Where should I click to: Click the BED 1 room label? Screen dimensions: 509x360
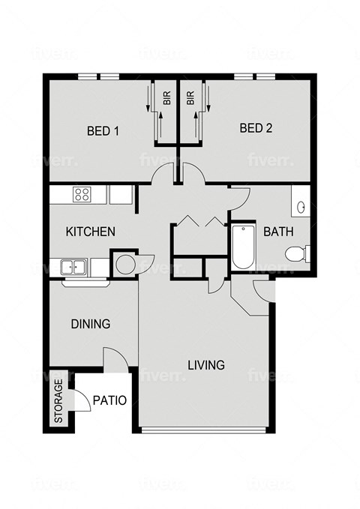pos(103,130)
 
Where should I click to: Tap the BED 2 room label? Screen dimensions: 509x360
pos(256,128)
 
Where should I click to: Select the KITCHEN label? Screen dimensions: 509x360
pos(91,232)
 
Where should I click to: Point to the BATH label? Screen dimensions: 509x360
pos(277,232)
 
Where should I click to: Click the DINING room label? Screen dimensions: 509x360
pos(91,324)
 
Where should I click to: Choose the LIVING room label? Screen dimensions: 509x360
pos(206,366)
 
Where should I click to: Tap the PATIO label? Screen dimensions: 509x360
pos(109,400)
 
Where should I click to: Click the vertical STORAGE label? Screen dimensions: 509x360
pos(58,401)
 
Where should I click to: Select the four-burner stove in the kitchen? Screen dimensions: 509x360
pos(82,195)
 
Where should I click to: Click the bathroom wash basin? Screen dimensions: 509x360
pos(298,206)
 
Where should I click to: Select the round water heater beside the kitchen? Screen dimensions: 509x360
pos(124,265)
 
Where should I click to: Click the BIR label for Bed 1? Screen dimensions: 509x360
pos(166,97)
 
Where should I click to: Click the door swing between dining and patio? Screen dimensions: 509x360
pos(112,358)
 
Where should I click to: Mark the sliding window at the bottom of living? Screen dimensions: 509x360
pos(203,430)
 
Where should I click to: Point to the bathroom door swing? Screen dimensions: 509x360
pos(239,197)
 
